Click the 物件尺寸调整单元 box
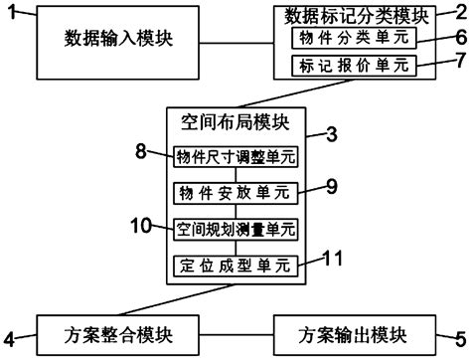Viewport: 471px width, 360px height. pos(235,157)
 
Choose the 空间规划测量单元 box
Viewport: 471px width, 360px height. pos(235,229)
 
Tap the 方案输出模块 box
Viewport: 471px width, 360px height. pos(357,331)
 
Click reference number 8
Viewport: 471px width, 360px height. pos(141,151)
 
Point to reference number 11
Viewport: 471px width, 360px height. pos(335,257)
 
